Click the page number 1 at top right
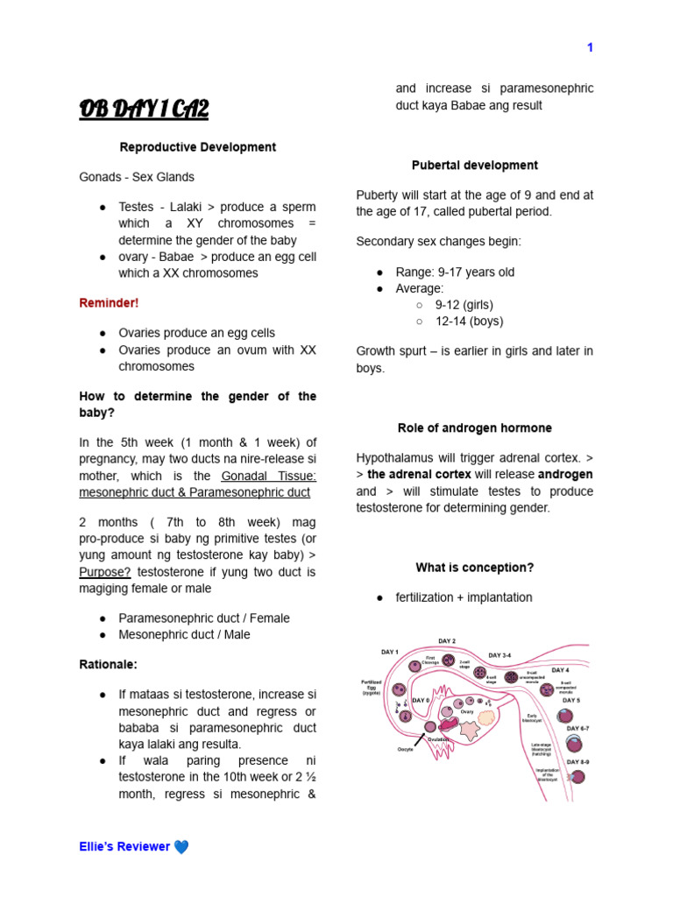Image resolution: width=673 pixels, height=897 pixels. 590,48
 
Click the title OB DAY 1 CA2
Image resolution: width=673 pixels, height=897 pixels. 145,109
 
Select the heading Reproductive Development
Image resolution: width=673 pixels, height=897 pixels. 198,147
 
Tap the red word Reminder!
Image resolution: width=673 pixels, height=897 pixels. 109,303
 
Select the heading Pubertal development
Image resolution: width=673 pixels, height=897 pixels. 475,165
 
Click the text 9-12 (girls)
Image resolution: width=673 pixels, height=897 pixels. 464,305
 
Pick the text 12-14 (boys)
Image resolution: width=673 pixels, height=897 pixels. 464,321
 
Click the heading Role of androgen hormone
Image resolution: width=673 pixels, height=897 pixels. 475,428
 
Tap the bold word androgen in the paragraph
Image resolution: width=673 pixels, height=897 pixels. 565,474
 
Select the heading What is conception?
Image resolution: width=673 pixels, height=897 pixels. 475,568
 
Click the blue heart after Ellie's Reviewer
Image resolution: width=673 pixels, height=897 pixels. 181,846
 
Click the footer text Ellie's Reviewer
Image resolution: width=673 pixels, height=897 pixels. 124,846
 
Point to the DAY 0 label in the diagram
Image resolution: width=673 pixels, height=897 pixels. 421,700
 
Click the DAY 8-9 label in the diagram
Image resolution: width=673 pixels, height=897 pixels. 577,762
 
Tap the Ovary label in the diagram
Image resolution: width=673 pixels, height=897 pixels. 467,711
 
